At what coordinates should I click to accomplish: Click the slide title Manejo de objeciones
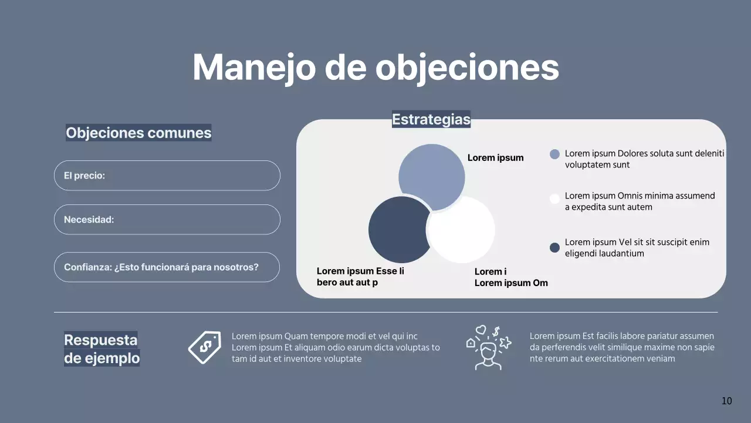375,67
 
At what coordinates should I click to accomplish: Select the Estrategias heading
431,119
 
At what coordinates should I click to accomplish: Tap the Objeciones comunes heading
138,133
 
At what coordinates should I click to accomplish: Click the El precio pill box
167,176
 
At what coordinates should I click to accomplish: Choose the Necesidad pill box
167,220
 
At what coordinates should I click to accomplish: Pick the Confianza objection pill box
167,267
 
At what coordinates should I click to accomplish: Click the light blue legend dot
554,154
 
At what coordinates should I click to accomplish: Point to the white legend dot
554,199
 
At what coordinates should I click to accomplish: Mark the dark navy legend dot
554,247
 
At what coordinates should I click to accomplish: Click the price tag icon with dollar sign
204,347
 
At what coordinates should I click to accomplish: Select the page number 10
726,401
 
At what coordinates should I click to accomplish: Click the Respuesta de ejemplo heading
102,348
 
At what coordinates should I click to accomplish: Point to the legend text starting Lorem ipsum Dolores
644,159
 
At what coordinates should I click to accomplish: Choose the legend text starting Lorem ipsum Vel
637,248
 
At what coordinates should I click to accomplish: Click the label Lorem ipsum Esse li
360,277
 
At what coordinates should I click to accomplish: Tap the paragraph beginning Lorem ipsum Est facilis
622,347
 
